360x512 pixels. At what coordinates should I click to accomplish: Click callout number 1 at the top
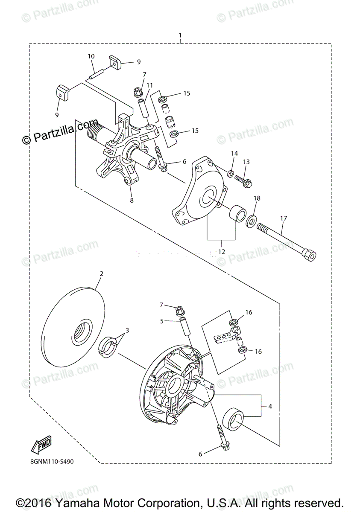[180, 35]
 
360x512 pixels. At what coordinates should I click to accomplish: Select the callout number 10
[91, 56]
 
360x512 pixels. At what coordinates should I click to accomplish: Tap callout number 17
[284, 218]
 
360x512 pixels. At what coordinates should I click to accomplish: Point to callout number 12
[222, 252]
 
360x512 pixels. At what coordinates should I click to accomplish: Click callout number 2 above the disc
[102, 273]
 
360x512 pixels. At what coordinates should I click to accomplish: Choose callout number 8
[132, 201]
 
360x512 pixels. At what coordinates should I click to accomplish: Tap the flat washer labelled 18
[251, 221]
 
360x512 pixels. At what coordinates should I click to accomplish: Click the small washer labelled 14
[230, 173]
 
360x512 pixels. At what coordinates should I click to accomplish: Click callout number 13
[246, 162]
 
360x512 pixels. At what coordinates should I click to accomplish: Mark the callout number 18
[257, 198]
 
